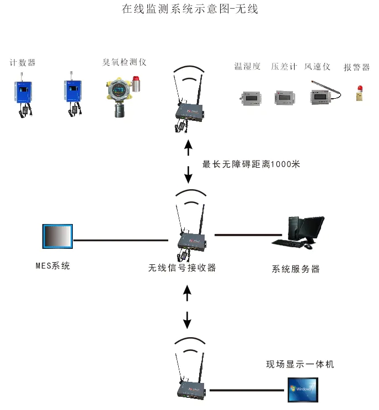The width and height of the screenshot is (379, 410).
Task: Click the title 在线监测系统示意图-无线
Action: (190, 9)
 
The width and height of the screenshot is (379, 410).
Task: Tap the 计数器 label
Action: (23, 63)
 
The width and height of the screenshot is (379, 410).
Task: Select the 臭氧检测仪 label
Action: (124, 62)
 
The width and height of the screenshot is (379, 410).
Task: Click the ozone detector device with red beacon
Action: (122, 97)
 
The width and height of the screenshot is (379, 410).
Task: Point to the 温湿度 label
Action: (247, 66)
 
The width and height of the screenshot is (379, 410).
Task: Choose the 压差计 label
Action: (284, 66)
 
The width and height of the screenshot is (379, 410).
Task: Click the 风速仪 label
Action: (317, 67)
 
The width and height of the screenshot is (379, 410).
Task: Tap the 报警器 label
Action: (356, 67)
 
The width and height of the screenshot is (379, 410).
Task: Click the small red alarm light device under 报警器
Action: (360, 93)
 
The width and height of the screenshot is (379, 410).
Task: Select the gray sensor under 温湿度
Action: (250, 98)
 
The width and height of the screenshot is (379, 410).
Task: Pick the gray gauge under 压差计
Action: (285, 98)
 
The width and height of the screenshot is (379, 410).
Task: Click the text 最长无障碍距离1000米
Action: (251, 164)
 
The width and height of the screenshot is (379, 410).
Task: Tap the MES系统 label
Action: (53, 265)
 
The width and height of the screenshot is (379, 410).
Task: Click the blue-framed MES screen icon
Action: (57, 236)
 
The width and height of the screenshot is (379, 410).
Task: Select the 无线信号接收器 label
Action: (182, 268)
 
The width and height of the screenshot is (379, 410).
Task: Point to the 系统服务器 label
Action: (296, 269)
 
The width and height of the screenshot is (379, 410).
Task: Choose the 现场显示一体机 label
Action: (300, 364)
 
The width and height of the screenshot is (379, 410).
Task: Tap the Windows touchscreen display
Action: (303, 390)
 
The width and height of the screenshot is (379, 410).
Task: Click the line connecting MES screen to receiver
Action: (121, 240)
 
